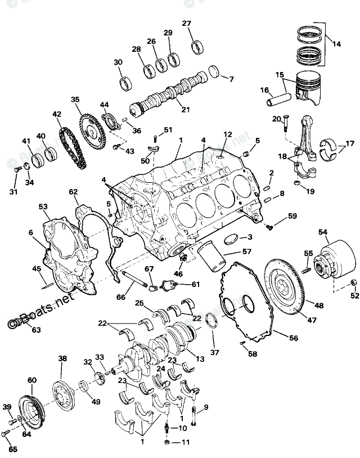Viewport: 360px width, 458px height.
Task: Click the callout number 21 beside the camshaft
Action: pyautogui.click(x=185, y=109)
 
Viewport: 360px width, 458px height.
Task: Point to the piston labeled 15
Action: pyautogui.click(x=307, y=87)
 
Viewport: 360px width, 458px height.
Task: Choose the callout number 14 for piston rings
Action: pyautogui.click(x=337, y=43)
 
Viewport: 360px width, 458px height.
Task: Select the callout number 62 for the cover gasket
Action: pyautogui.click(x=73, y=192)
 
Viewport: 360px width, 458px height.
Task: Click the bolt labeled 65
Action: pyautogui.click(x=6, y=434)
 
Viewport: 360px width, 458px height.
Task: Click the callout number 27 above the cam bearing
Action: pyautogui.click(x=186, y=23)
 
